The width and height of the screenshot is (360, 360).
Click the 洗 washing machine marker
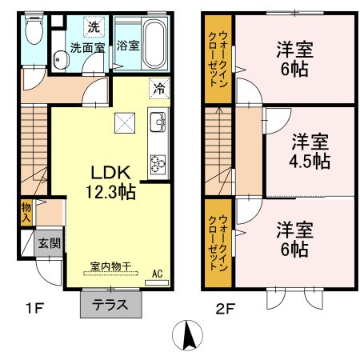(x=94, y=27)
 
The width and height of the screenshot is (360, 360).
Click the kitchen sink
(x=157, y=124)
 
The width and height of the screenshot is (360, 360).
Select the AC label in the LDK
(x=158, y=274)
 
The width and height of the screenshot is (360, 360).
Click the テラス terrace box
(x=111, y=305)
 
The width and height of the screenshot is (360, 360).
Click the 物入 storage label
(x=26, y=211)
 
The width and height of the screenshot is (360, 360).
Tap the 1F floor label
(x=30, y=306)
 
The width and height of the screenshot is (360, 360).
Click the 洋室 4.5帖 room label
(x=310, y=151)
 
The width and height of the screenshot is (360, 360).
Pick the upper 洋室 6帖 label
(x=295, y=58)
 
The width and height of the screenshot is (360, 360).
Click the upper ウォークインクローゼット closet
(x=218, y=58)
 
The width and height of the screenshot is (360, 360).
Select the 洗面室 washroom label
(x=86, y=47)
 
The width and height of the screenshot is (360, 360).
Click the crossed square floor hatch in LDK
(x=123, y=122)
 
